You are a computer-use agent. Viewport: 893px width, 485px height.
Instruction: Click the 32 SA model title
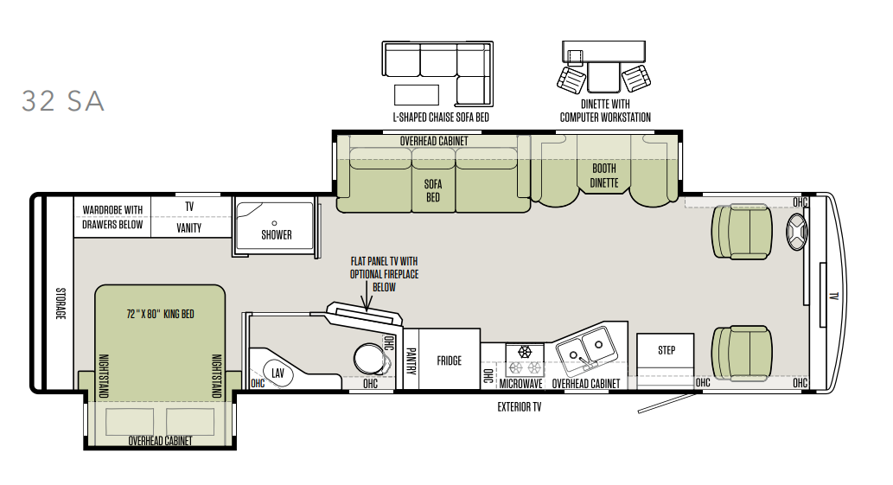coord(63,101)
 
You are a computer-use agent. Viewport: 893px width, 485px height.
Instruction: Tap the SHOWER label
coord(277,234)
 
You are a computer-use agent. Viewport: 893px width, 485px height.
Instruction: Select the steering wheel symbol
coord(796,233)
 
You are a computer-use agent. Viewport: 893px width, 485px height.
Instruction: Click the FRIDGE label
coord(450,361)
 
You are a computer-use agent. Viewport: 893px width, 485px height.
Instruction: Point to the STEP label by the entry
coord(667,350)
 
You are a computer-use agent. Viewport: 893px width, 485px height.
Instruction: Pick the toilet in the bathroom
coord(373,359)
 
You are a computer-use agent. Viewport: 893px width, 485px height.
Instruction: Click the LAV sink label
coord(277,373)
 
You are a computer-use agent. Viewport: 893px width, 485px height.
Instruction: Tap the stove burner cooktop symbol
coord(525,360)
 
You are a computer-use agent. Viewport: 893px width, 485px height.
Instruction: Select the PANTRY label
coord(411,361)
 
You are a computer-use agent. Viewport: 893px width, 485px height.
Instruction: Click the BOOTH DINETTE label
coord(604,175)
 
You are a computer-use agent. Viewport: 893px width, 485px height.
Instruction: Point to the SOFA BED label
coord(433,190)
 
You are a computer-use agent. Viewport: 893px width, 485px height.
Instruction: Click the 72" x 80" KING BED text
coord(160,314)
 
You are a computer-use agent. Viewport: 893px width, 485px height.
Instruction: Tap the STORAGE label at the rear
coord(61,303)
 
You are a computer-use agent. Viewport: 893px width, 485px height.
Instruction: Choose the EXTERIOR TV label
coord(520,407)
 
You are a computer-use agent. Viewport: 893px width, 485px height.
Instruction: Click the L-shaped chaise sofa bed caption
coord(441,118)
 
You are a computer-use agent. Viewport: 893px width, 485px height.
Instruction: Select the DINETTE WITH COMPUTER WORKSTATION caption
coord(605,111)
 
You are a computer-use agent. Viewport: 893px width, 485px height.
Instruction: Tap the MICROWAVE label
coord(521,384)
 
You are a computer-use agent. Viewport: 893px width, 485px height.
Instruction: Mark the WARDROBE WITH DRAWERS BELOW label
coord(112,217)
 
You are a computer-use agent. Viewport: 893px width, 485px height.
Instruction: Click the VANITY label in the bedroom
coord(189,227)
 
